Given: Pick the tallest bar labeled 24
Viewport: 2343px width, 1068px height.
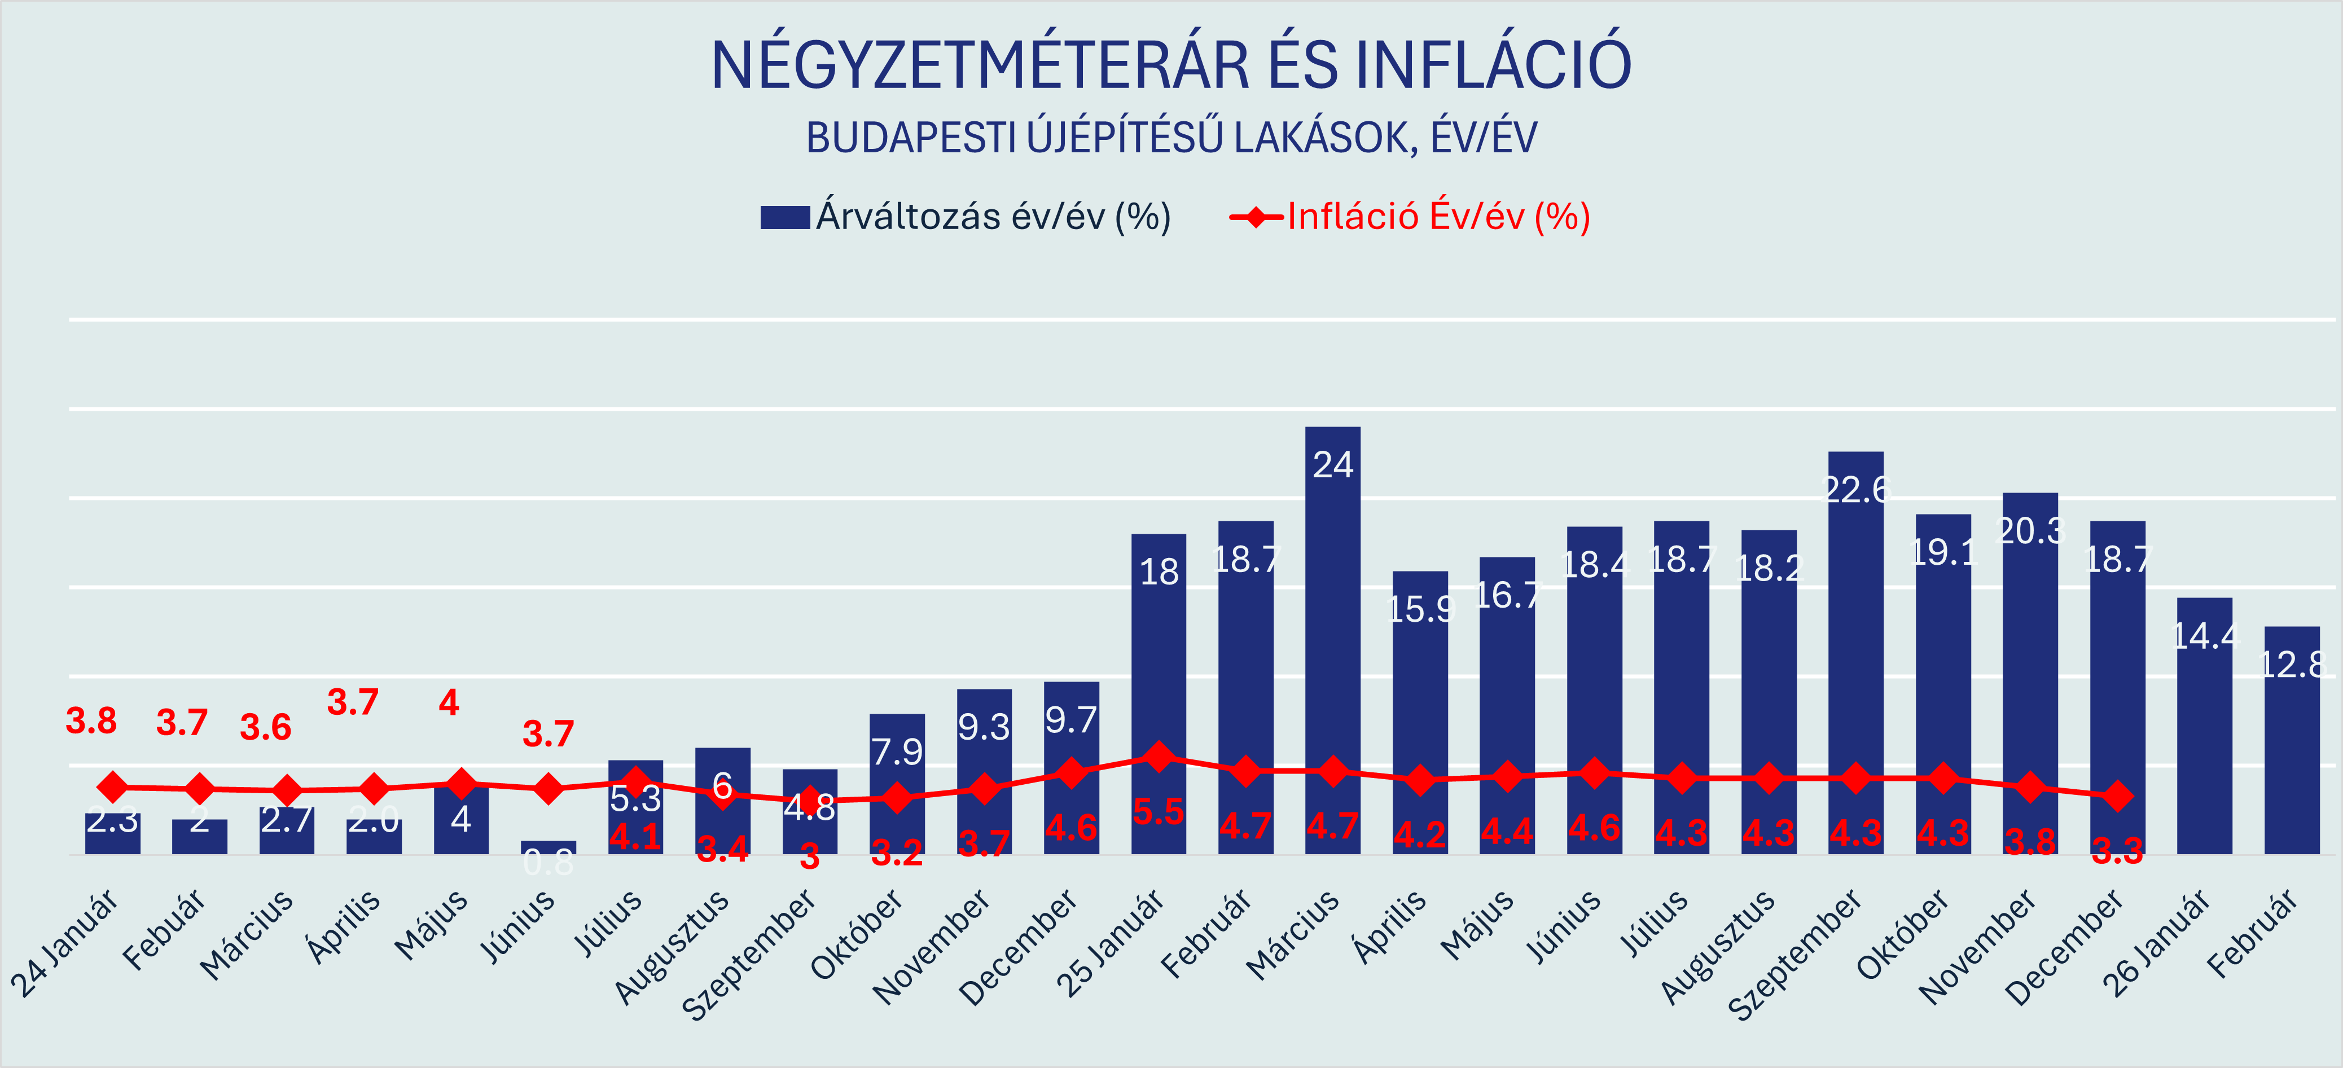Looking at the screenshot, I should (x=1332, y=637).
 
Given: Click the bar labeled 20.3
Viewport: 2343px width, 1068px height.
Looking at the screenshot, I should (x=2030, y=673).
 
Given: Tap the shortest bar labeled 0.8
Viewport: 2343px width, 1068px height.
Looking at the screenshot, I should (x=549, y=847).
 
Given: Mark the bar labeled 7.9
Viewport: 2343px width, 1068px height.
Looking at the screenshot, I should (x=897, y=783).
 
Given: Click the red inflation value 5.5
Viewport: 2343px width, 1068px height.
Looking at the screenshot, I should (x=1158, y=811).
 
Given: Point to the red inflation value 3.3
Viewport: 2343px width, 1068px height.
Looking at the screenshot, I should (x=2117, y=851).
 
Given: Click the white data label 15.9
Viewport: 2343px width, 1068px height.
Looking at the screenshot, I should (x=1421, y=609).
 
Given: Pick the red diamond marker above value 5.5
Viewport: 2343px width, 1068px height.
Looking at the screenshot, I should (x=1159, y=756).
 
